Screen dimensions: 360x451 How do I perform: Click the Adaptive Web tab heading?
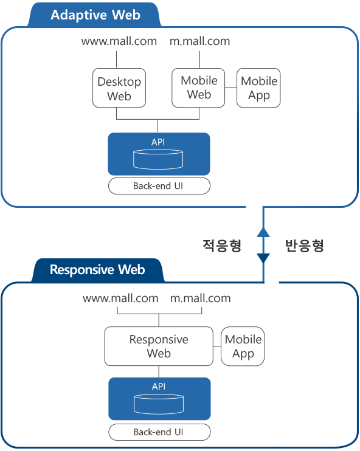tap(95, 15)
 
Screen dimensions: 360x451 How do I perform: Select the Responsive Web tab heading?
tap(97, 270)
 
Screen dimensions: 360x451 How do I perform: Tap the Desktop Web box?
tap(119, 88)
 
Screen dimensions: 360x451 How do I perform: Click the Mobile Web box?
tap(198, 88)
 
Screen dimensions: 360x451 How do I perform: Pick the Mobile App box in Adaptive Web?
tap(258, 88)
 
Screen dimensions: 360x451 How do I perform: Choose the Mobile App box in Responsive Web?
tap(243, 346)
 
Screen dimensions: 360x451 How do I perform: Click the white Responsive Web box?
tap(159, 346)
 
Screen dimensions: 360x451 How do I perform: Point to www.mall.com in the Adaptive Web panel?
tap(119, 41)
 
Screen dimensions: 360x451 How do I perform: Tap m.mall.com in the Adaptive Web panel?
tap(199, 41)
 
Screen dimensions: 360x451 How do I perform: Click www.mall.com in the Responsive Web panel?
tap(120, 298)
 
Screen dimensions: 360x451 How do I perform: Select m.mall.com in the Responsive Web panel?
tap(201, 298)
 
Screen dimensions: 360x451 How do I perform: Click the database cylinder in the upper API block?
tap(158, 159)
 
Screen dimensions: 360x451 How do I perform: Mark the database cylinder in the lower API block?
tap(159, 404)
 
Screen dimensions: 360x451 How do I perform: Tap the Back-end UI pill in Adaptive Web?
tap(159, 186)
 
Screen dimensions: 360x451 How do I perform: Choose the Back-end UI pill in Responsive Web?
tap(159, 432)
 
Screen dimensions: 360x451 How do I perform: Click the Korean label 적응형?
tap(222, 246)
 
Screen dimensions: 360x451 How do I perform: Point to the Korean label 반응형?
tap(305, 246)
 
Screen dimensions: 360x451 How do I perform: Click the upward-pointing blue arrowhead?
tap(263, 232)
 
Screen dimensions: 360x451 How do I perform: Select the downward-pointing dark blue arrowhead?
tap(263, 258)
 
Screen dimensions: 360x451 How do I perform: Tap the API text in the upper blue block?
tap(158, 142)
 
